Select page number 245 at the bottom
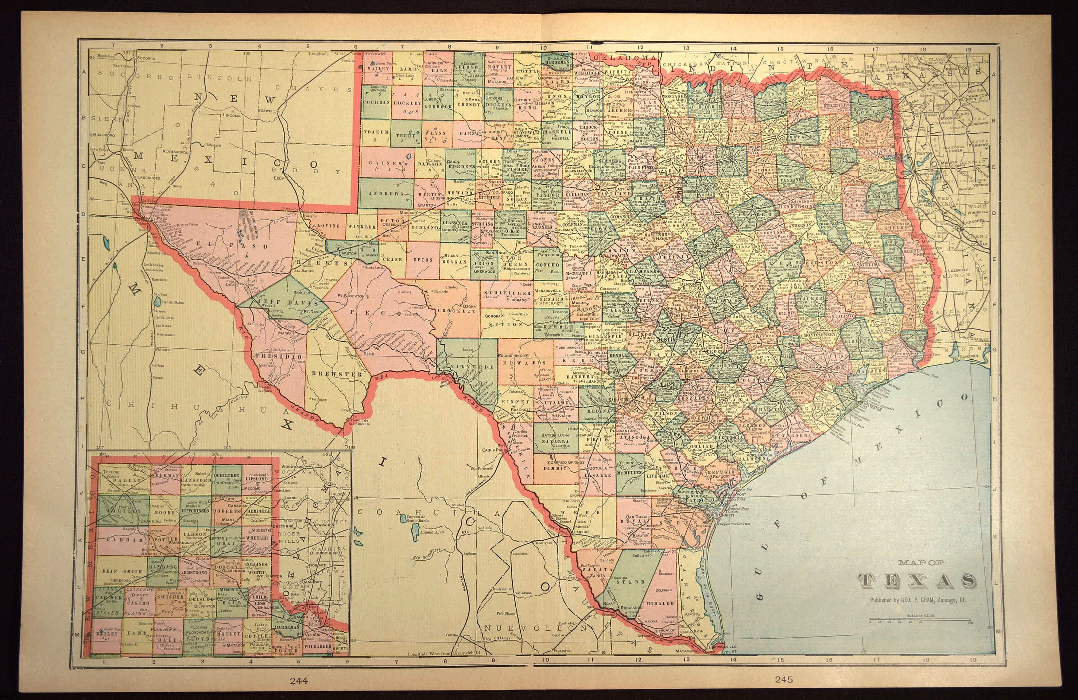(x=784, y=679)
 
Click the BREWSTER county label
(x=337, y=374)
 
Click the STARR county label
(x=633, y=581)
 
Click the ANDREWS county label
(x=386, y=193)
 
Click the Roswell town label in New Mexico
(x=265, y=111)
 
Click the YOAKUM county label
(x=376, y=132)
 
